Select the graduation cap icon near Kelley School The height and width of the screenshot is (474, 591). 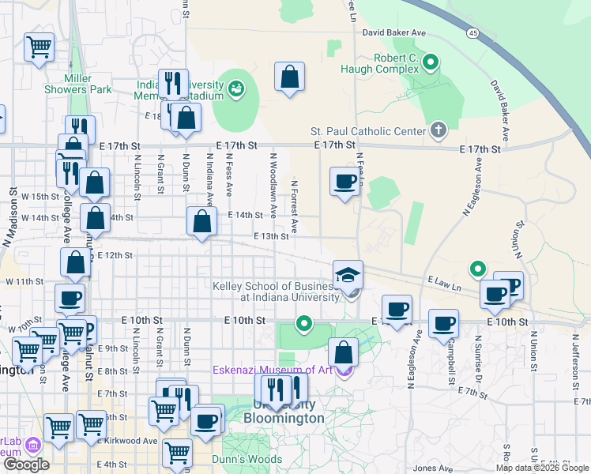[x=348, y=276]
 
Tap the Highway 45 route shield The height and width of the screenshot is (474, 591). [x=472, y=32]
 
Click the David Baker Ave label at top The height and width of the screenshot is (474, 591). [x=393, y=33]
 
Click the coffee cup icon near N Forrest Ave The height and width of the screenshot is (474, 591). [x=344, y=182]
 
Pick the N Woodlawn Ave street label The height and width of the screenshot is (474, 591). [x=273, y=186]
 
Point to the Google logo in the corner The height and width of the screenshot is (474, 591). [x=25, y=465]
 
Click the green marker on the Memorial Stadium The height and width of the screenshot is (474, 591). [x=236, y=91]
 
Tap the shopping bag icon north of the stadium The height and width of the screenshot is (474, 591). [x=290, y=77]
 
